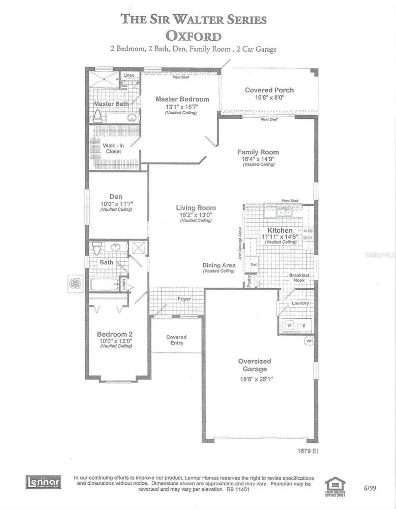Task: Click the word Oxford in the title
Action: pyautogui.click(x=193, y=36)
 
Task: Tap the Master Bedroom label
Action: pyautogui.click(x=182, y=99)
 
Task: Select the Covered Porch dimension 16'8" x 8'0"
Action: pyautogui.click(x=269, y=97)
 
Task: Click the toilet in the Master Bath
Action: pyautogui.click(x=98, y=116)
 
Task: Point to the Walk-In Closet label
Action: pyautogui.click(x=113, y=149)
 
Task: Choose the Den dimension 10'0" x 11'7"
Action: pyautogui.click(x=116, y=204)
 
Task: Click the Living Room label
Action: pyautogui.click(x=196, y=208)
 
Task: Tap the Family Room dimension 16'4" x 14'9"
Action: pyautogui.click(x=258, y=158)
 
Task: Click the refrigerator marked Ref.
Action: pyautogui.click(x=253, y=265)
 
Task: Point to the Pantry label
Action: pyautogui.click(x=249, y=281)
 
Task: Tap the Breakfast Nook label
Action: pyautogui.click(x=299, y=278)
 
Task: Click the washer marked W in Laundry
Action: pyautogui.click(x=289, y=326)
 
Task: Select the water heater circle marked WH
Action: pyautogui.click(x=309, y=341)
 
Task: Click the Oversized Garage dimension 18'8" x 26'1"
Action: pyautogui.click(x=256, y=379)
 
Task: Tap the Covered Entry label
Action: pyautogui.click(x=176, y=340)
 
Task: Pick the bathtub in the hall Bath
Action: pyautogui.click(x=104, y=284)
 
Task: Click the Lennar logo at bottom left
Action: pyautogui.click(x=43, y=482)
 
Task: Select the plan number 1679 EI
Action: pyautogui.click(x=307, y=451)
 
